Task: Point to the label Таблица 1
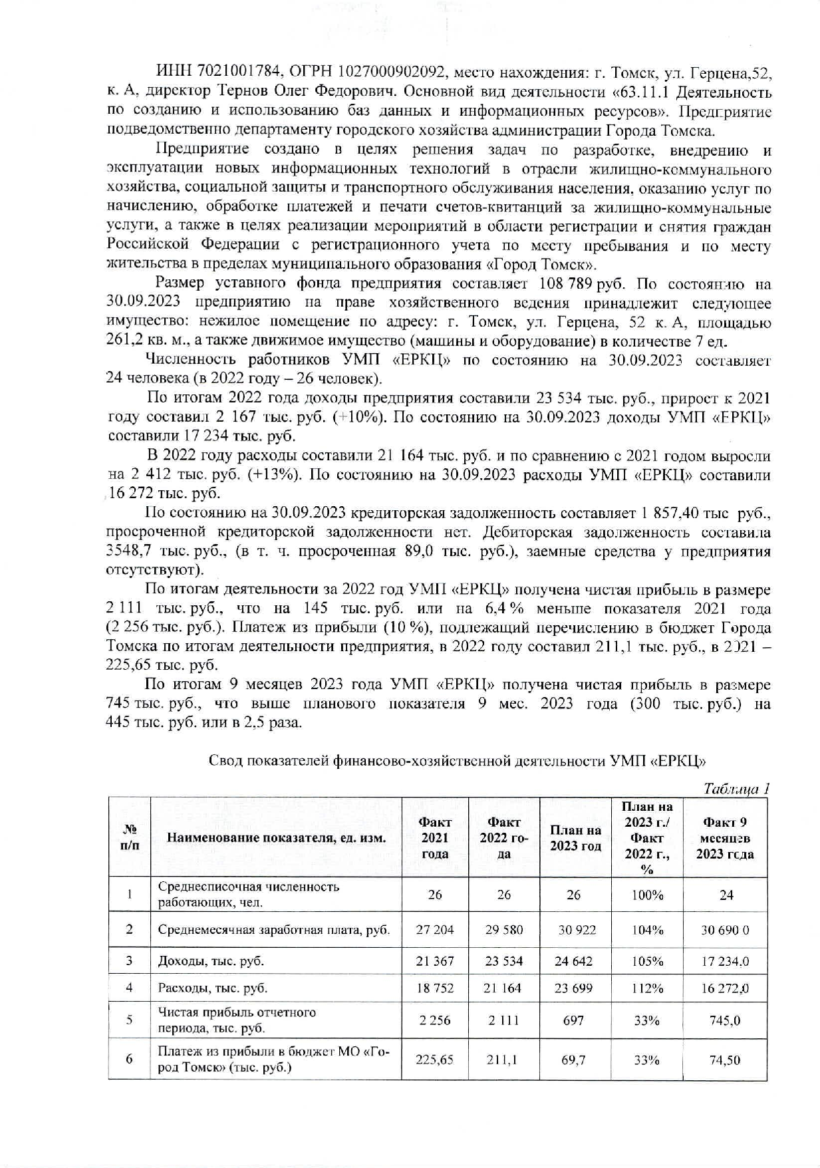click(736, 789)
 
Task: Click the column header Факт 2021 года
click(434, 838)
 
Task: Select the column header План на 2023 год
click(575, 838)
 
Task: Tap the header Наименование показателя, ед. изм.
click(276, 838)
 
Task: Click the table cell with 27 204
click(434, 929)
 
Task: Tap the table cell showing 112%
click(646, 988)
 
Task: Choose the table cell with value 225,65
click(434, 1060)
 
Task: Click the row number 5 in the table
click(129, 1019)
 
